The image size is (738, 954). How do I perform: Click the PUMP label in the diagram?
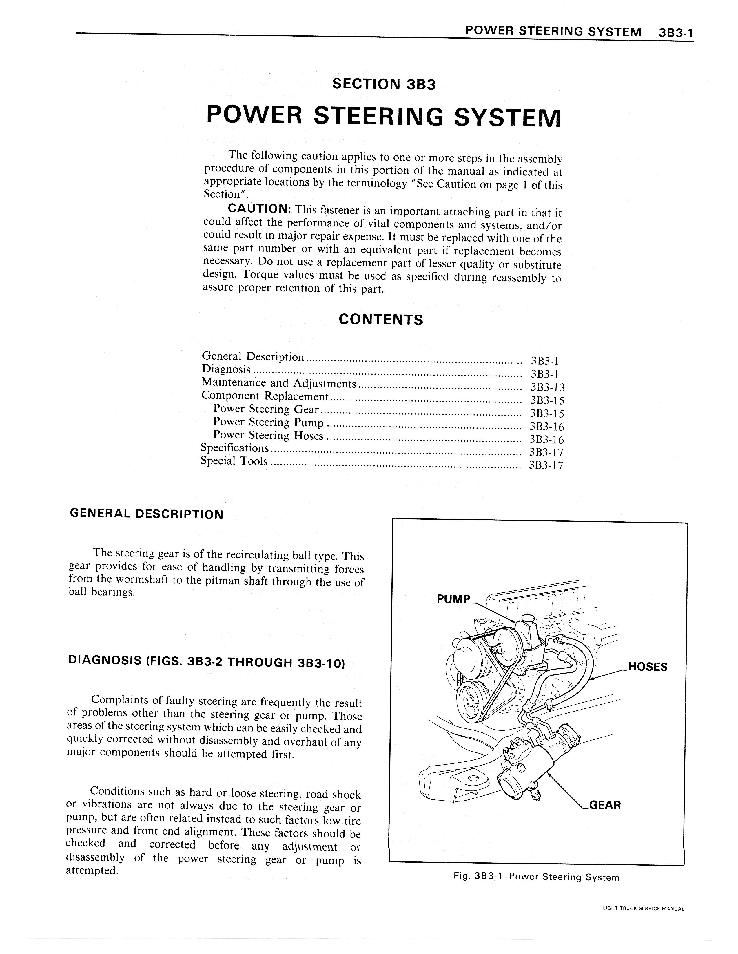click(x=453, y=599)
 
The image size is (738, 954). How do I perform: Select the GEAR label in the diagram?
click(x=605, y=805)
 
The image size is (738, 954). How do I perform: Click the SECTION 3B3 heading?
click(x=384, y=84)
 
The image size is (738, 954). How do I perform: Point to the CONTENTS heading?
click(x=380, y=320)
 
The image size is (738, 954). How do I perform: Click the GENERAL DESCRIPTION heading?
click(x=146, y=514)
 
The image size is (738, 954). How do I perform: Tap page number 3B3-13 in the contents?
click(x=547, y=387)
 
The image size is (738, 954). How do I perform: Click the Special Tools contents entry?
click(x=234, y=461)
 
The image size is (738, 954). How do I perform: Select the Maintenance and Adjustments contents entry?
click(x=279, y=383)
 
